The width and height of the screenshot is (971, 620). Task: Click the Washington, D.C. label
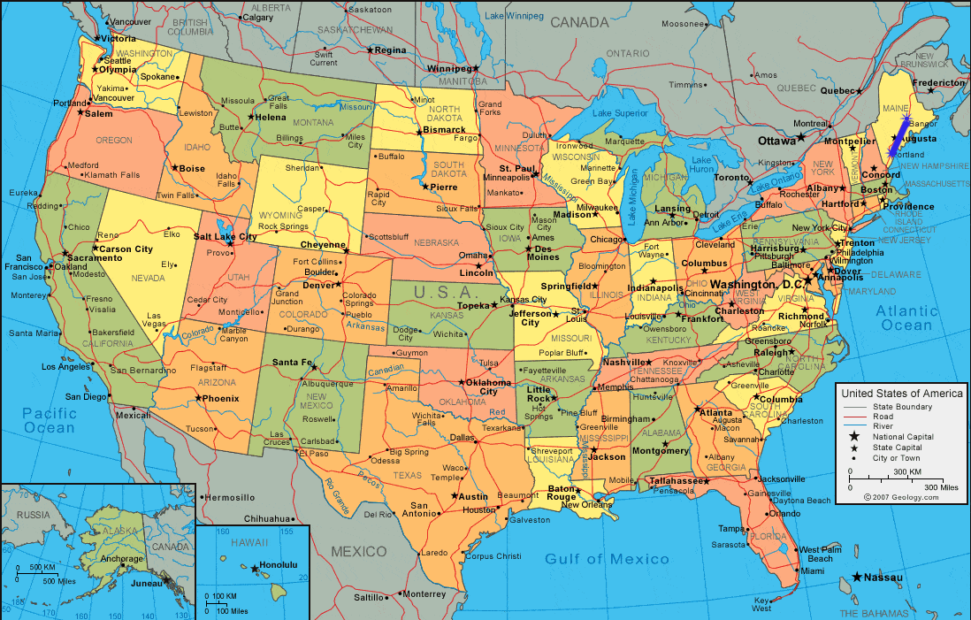coord(756,285)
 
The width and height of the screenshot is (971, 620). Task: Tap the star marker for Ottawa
coord(800,137)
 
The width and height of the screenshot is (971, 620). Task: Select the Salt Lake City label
coord(225,237)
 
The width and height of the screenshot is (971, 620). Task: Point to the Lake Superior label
coord(620,113)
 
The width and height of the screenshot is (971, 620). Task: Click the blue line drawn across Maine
coord(898,138)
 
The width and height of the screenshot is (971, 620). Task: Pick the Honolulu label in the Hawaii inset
coord(278,565)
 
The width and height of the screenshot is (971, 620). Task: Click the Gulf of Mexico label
coord(607,559)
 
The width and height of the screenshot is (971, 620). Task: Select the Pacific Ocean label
coord(50,420)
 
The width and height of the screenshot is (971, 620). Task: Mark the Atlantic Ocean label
coord(906,318)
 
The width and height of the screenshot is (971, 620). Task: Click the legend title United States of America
coord(901,393)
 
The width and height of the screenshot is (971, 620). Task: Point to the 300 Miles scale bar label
coord(941,487)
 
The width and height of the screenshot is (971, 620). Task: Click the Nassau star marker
coord(857,578)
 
